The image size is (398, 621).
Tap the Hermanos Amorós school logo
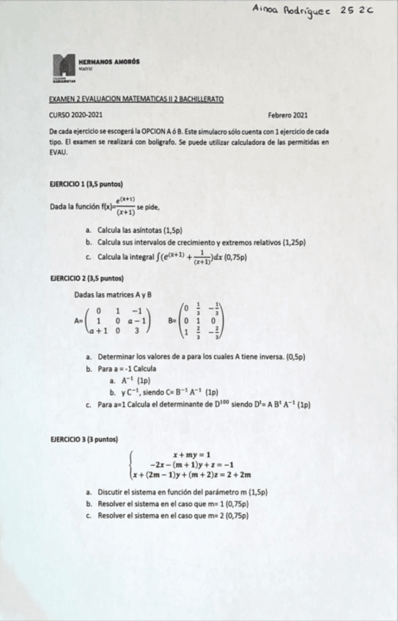65,67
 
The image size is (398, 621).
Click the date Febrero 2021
288,115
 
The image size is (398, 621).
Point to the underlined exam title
136,98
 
